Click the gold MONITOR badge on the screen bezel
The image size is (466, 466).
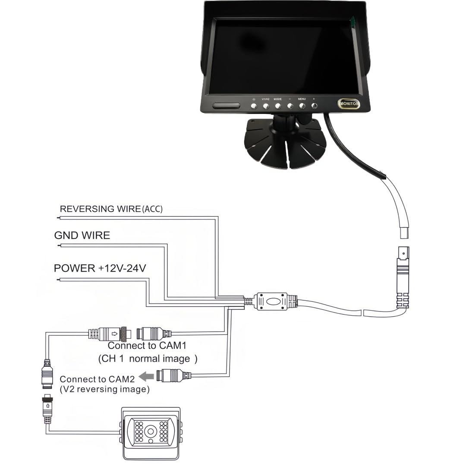(349, 104)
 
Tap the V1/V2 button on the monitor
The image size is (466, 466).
(266, 106)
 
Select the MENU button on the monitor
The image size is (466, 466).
(302, 106)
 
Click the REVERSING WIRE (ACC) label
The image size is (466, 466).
(111, 209)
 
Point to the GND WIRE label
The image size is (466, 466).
(82, 236)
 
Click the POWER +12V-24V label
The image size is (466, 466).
(100, 268)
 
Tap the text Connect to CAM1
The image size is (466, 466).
(147, 346)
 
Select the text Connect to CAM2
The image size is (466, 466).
(97, 379)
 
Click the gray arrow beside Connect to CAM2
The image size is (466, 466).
(146, 377)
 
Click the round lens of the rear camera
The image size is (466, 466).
(151, 431)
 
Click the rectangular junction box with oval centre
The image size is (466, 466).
(272, 301)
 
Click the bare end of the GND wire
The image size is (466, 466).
(59, 246)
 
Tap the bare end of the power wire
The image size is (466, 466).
(58, 280)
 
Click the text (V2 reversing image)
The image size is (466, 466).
(104, 389)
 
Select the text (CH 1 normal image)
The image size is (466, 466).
(148, 359)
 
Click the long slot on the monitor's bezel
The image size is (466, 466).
(226, 106)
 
